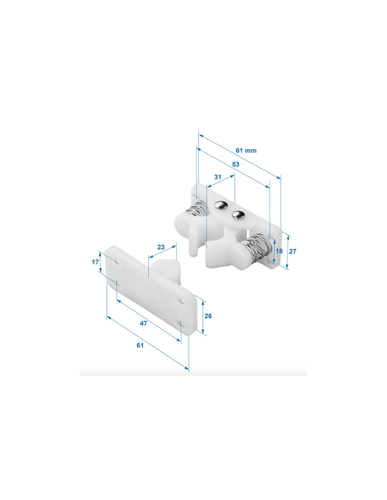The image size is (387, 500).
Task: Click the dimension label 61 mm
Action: pyautogui.click(x=246, y=150)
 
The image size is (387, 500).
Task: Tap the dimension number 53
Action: pyautogui.click(x=235, y=164)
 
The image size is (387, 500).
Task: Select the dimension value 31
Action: pyautogui.click(x=217, y=177)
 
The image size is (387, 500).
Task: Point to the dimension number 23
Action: pyautogui.click(x=161, y=247)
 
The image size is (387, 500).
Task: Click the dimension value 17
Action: pyautogui.click(x=95, y=262)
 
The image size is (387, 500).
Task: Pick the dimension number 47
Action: pyautogui.click(x=144, y=323)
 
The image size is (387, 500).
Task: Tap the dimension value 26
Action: pyautogui.click(x=208, y=316)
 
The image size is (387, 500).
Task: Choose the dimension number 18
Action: pyautogui.click(x=279, y=251)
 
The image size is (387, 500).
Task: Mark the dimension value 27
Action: pyautogui.click(x=293, y=251)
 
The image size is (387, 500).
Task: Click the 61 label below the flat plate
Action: pyautogui.click(x=140, y=345)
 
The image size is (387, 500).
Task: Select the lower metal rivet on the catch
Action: pyautogui.click(x=238, y=215)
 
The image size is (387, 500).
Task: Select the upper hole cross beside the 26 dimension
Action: pyautogui.click(x=181, y=301)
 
